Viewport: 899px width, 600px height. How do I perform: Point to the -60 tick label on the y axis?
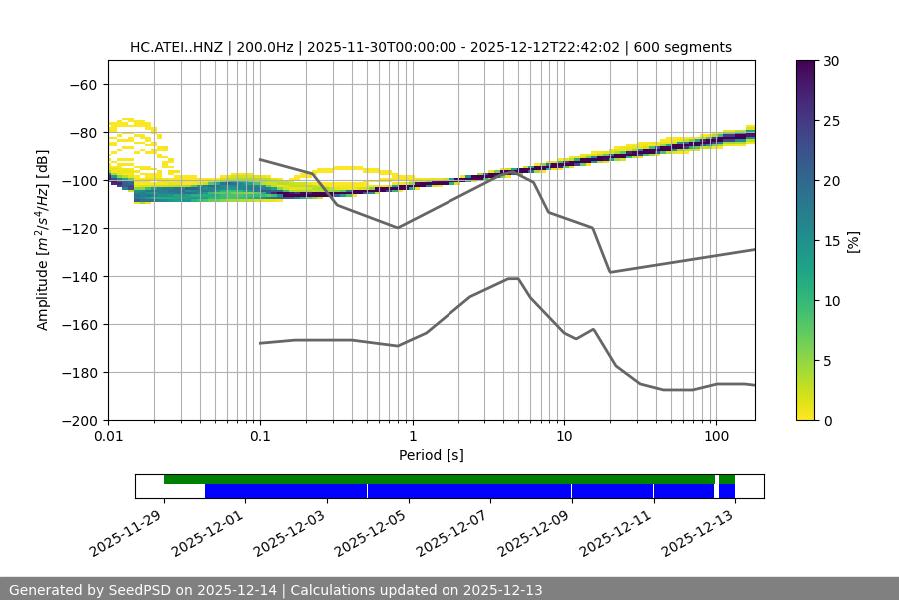pyautogui.click(x=82, y=85)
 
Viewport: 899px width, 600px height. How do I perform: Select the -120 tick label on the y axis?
pyautogui.click(x=78, y=229)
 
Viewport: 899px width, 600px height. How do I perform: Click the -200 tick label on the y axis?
pyautogui.click(x=78, y=421)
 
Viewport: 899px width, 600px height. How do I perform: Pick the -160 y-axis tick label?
pyautogui.click(x=78, y=325)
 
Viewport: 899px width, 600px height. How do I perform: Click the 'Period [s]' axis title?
pyautogui.click(x=431, y=455)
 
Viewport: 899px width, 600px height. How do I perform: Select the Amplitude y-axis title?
pyautogui.click(x=43, y=240)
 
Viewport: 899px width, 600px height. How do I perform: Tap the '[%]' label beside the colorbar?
pyautogui.click(x=853, y=241)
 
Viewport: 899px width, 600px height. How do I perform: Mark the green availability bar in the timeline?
pyautogui.click(x=440, y=479)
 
